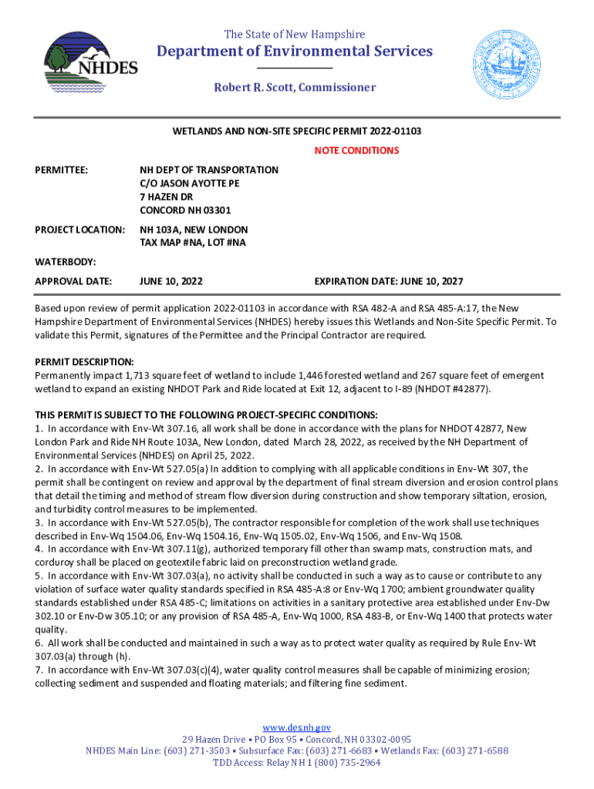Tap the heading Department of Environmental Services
(x=295, y=51)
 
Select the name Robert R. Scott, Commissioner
(x=295, y=87)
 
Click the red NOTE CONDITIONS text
(x=356, y=150)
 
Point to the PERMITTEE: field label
(x=62, y=170)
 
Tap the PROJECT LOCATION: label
(x=80, y=230)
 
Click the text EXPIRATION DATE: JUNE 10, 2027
(x=388, y=281)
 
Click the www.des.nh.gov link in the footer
(x=297, y=727)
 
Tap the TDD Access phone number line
(x=297, y=763)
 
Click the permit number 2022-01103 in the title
(x=395, y=132)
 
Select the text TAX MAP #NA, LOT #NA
(x=193, y=243)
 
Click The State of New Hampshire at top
(x=295, y=34)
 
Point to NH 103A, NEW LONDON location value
(x=194, y=230)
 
